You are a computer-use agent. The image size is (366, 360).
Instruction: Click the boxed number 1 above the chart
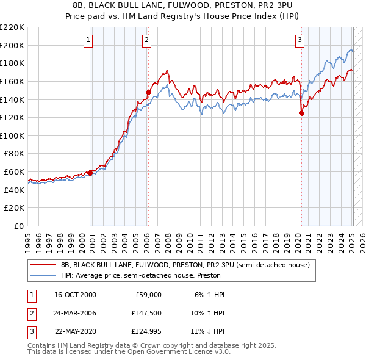click(x=88, y=40)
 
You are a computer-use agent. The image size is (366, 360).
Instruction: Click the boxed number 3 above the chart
click(x=300, y=40)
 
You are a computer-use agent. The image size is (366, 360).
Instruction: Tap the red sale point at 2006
click(x=148, y=92)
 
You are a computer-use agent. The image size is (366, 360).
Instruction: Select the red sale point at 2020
click(x=301, y=113)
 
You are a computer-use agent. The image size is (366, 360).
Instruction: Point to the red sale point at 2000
click(x=90, y=173)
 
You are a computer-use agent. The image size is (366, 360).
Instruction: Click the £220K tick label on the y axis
click(x=12, y=27)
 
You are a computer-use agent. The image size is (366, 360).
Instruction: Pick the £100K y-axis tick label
click(x=12, y=135)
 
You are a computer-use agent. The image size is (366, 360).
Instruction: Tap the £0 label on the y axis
click(x=20, y=226)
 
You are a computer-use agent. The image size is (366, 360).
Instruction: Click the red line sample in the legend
click(x=43, y=265)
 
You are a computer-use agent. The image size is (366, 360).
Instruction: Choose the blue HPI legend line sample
click(x=43, y=275)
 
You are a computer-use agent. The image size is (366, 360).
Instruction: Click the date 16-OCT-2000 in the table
click(x=75, y=295)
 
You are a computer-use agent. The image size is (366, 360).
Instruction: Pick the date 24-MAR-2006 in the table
click(x=75, y=313)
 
